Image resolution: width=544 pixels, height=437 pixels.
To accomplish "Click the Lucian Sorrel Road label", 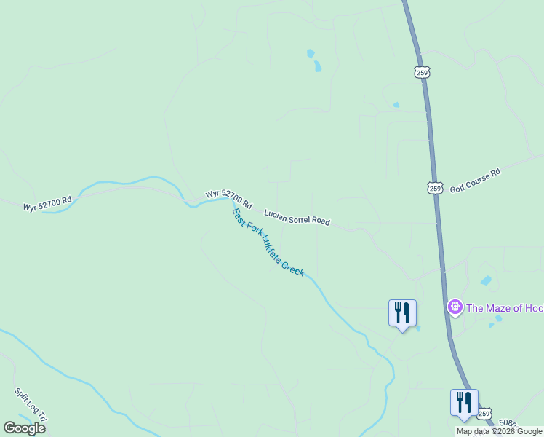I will pos(297,217).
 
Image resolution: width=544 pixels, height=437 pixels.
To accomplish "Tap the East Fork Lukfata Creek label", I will pos(267,242).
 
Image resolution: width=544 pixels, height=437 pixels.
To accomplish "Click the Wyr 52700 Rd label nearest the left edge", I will pos(47,203).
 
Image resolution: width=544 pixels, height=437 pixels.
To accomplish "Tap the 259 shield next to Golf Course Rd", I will pos(434,187).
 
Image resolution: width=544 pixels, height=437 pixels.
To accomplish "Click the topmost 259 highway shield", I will pos(423,72).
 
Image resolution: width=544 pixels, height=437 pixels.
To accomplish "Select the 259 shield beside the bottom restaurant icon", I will pos(485,412).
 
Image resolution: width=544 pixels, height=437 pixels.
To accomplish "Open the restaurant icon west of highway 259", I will pos(402,313).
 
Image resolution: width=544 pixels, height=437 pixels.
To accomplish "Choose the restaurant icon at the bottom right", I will pos(463,403).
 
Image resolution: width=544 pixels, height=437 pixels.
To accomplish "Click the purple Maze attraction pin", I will pos(455,307).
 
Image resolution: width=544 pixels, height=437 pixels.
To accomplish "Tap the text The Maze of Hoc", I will pos(504,308).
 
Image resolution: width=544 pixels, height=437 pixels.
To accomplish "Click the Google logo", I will pos(24,428).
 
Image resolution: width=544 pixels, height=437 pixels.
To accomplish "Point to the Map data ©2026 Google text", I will pos(499,431).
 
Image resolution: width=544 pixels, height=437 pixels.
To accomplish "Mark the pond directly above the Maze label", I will pos(486,280).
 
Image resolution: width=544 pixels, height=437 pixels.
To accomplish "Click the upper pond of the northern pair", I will pos(311,53).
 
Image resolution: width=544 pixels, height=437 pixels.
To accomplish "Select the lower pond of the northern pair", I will pos(317,67).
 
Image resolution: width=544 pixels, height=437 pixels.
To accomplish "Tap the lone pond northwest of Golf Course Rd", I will pos(396,105).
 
